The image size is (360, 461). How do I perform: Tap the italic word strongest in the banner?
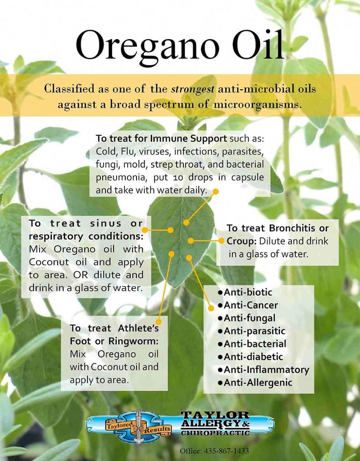pyautogui.click(x=193, y=89)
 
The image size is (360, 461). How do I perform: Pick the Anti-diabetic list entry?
pyautogui.click(x=251, y=357)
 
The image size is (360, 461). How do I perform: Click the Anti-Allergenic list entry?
pyautogui.click(x=255, y=383)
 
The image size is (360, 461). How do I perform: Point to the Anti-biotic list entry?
pyautogui.click(x=245, y=292)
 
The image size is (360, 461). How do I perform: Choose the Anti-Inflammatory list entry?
pyautogui.click(x=264, y=370)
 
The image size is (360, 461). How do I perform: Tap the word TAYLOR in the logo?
pyautogui.click(x=215, y=415)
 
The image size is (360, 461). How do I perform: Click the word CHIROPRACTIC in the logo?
pyautogui.click(x=215, y=433)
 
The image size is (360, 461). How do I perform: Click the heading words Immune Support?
pyautogui.click(x=188, y=139)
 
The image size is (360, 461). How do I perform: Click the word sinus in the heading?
pyautogui.click(x=105, y=223)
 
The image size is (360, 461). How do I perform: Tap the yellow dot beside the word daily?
pyautogui.click(x=215, y=191)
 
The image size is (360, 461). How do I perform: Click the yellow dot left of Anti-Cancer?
pyautogui.click(x=211, y=308)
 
